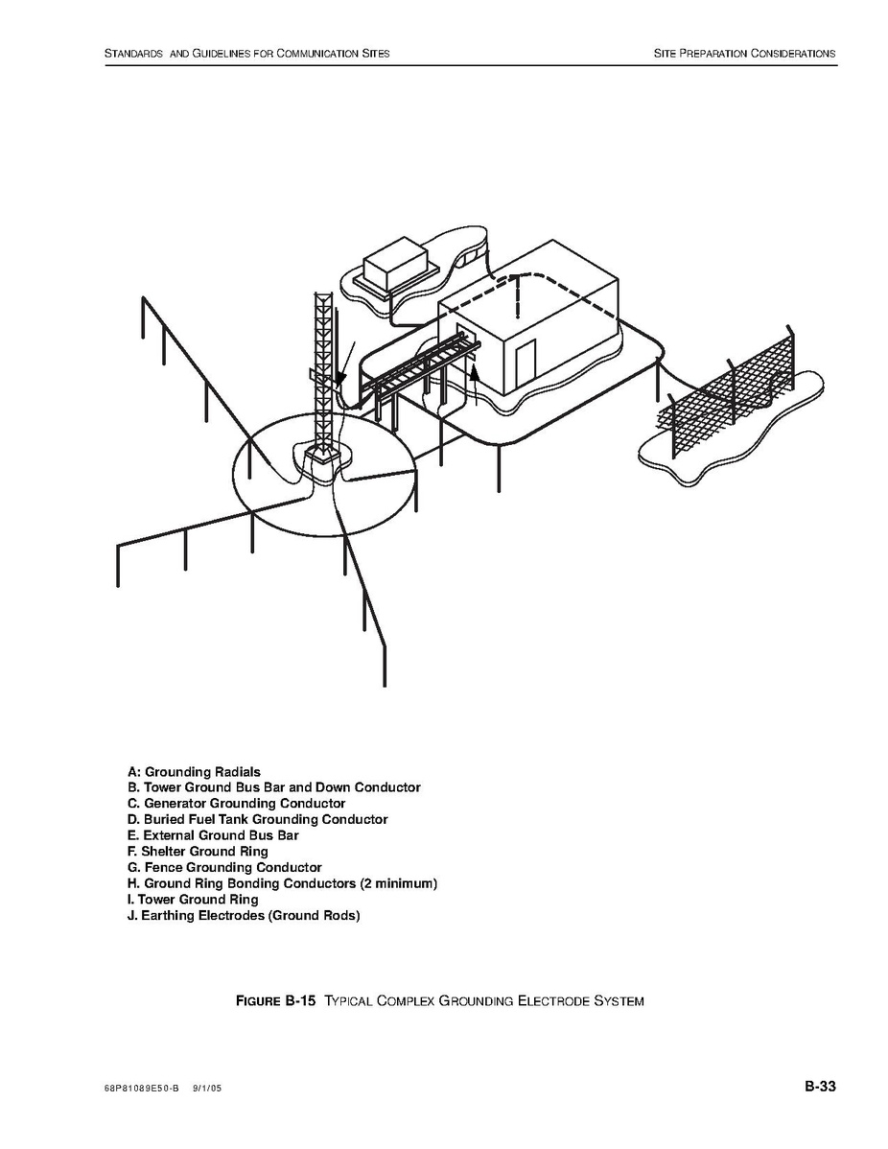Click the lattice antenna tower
[323, 364]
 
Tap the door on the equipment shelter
[526, 364]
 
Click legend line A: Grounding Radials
[194, 771]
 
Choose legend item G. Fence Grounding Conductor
[224, 867]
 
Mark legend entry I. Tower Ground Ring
[193, 900]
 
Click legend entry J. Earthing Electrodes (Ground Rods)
[244, 916]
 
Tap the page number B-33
[820, 1087]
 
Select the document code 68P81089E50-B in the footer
[141, 1090]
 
